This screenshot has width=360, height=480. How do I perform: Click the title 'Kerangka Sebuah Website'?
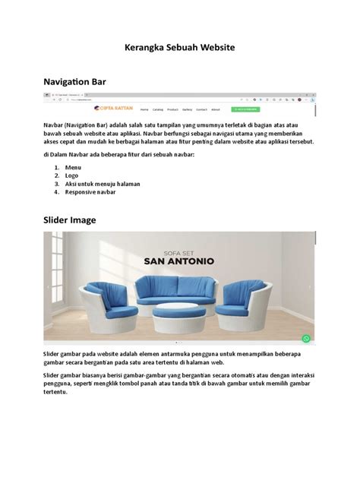pos(180,47)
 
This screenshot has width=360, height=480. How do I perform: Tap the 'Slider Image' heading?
pos(69,220)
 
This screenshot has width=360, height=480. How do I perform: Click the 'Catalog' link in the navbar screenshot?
pos(158,109)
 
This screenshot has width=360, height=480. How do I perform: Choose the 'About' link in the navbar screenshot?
pos(216,109)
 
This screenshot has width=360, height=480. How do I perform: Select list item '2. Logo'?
pos(71,175)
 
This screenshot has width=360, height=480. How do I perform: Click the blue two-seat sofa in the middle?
pos(176,290)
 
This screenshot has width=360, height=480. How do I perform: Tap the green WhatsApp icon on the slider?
pos(307,339)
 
